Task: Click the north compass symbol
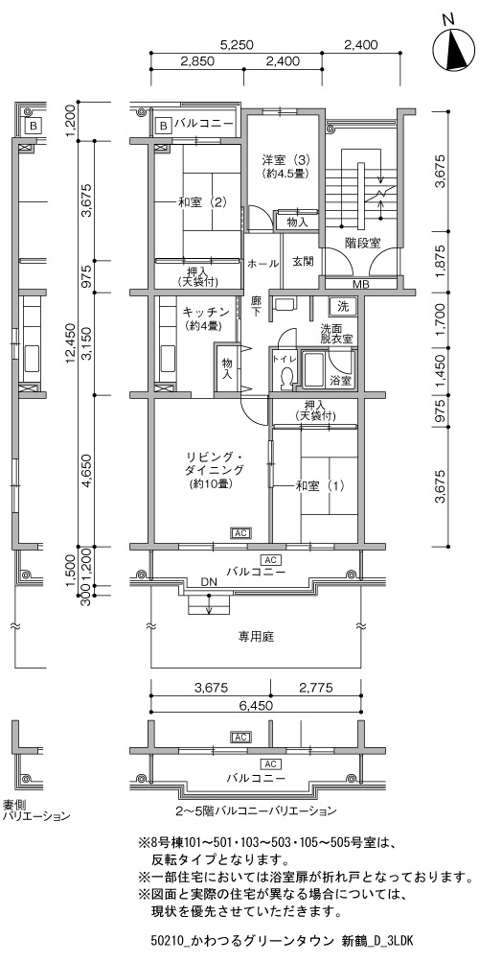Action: [454, 50]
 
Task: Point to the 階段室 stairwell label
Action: [361, 244]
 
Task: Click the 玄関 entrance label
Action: [302, 262]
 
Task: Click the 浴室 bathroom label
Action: [341, 381]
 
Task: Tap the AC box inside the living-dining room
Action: [240, 532]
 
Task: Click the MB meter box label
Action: [361, 285]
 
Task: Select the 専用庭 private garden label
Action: [256, 637]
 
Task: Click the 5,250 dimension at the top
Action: [237, 45]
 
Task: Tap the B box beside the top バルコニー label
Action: [164, 125]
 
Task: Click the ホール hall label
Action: [262, 264]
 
